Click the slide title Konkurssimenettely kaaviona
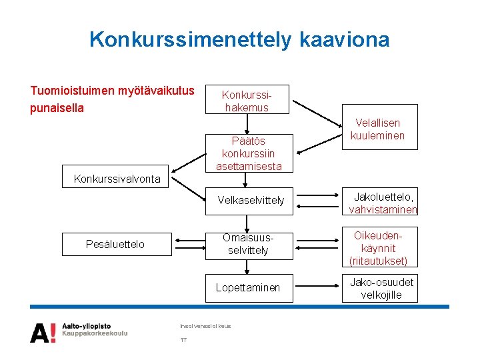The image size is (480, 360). click(x=239, y=39)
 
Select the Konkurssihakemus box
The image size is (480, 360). click(x=247, y=101)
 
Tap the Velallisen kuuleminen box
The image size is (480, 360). click(x=378, y=129)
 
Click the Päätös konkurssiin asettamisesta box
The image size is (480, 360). click(x=248, y=153)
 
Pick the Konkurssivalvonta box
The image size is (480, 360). click(x=117, y=179)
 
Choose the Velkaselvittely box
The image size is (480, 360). click(x=251, y=200)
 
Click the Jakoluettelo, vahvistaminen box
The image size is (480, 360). click(x=383, y=203)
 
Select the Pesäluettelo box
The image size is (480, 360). click(x=115, y=244)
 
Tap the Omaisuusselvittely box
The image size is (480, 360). click(x=248, y=244)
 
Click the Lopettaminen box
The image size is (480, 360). click(x=248, y=287)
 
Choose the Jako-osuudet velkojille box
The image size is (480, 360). click(x=381, y=288)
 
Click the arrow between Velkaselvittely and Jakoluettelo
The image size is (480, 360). click(x=317, y=200)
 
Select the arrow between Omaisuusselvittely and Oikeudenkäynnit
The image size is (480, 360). click(x=317, y=244)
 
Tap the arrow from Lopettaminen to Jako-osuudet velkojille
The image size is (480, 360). click(x=317, y=287)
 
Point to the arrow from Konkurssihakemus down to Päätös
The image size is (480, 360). click(x=247, y=123)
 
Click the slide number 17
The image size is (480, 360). click(x=183, y=341)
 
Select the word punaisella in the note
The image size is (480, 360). click(x=57, y=107)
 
